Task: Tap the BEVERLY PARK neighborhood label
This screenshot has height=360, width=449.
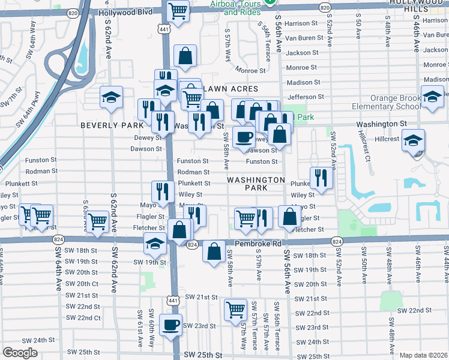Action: (112, 125)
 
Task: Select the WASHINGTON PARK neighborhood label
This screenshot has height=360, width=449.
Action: (256, 184)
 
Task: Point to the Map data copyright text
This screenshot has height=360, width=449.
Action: (424, 355)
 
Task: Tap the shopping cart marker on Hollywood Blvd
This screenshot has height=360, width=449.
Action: (178, 10)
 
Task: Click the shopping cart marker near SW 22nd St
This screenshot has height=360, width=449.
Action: (235, 310)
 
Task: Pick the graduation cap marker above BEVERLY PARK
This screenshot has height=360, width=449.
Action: (111, 98)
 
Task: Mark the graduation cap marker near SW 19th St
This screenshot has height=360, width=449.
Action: (155, 244)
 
